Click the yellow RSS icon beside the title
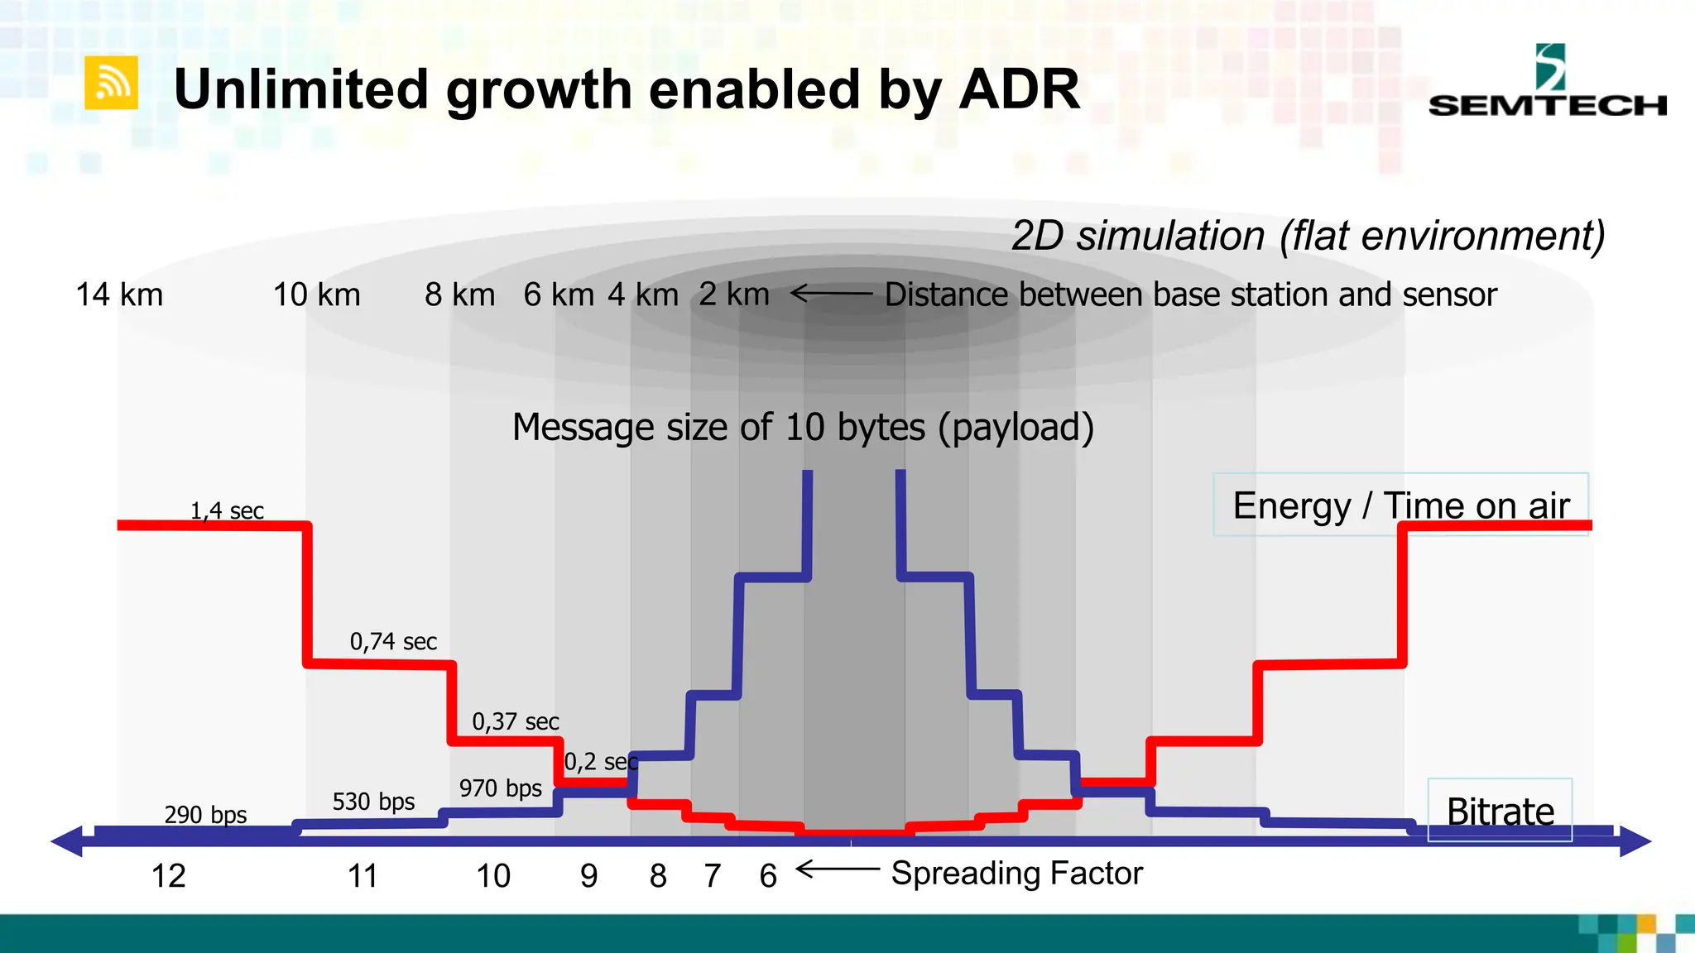(x=111, y=83)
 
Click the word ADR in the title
(x=1019, y=89)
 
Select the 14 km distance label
(x=119, y=295)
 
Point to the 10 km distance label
(x=316, y=295)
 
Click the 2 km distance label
(x=733, y=295)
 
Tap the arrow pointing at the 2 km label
(x=830, y=294)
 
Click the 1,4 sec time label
(x=227, y=511)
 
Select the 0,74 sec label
(x=393, y=641)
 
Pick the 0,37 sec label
(x=516, y=721)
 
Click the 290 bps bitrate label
(x=205, y=815)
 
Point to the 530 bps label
(x=373, y=802)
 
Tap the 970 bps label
(x=501, y=788)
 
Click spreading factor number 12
(x=168, y=876)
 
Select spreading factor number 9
(x=588, y=876)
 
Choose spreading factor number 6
(x=768, y=876)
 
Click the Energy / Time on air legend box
(x=1400, y=505)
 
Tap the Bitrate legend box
(x=1500, y=810)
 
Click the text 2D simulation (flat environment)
(x=1308, y=236)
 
